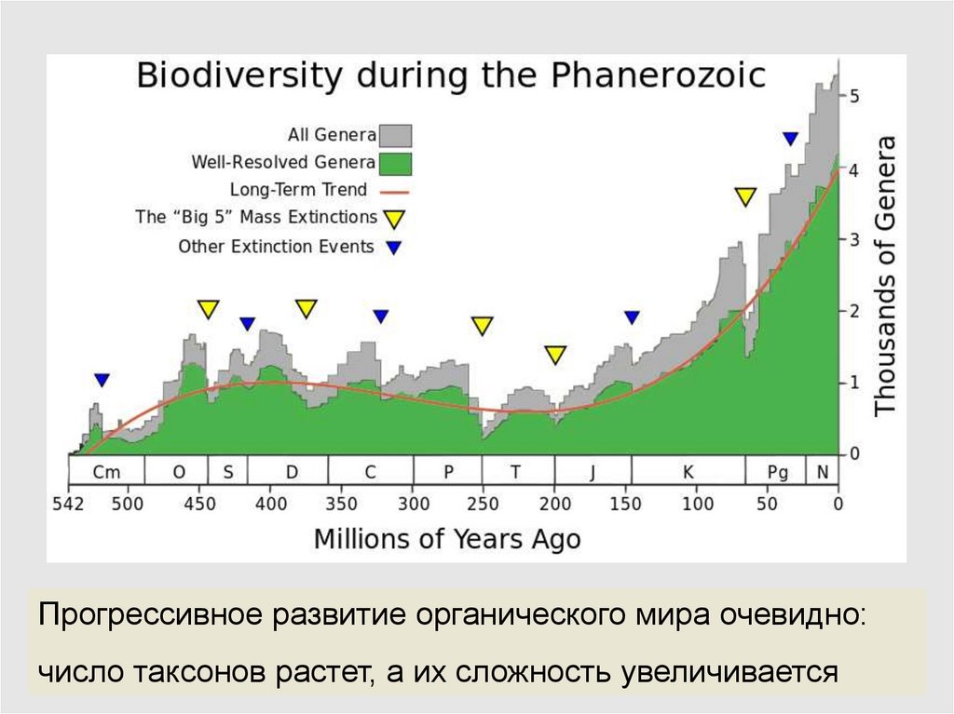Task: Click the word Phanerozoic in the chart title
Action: pyautogui.click(x=662, y=75)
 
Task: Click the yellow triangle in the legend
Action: pyautogui.click(x=394, y=219)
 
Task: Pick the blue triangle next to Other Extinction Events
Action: pyautogui.click(x=394, y=248)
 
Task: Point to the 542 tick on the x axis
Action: pyautogui.click(x=69, y=504)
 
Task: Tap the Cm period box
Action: pyautogui.click(x=107, y=472)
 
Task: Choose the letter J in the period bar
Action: pyautogui.click(x=592, y=472)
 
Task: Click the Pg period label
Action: pyautogui.click(x=777, y=472)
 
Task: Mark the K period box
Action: pyautogui.click(x=688, y=472)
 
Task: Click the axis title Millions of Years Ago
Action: pyautogui.click(x=447, y=539)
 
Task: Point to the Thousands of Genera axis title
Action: pyautogui.click(x=885, y=276)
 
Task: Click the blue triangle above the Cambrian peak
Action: pyautogui.click(x=102, y=380)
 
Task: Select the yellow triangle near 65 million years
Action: pyautogui.click(x=744, y=196)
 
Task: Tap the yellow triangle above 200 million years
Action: pyautogui.click(x=555, y=354)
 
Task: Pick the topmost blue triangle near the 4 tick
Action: pyautogui.click(x=790, y=139)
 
